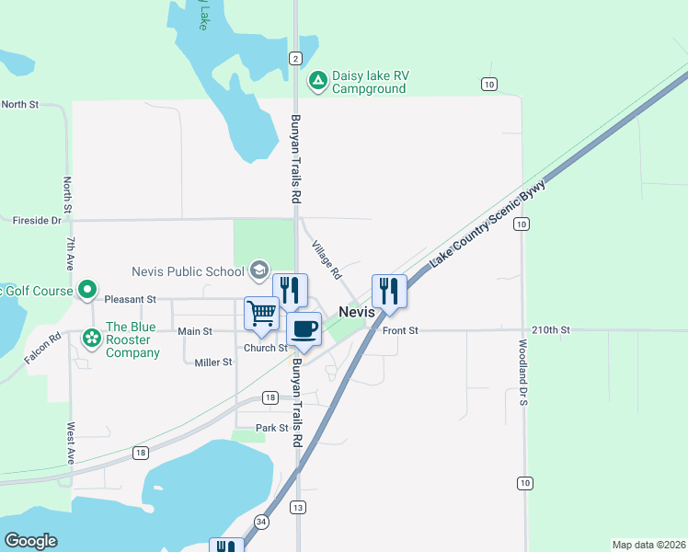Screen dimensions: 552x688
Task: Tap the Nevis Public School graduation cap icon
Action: pos(259,270)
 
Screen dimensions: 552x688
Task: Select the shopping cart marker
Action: pos(261,313)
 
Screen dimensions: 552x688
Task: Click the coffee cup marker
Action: pos(304,328)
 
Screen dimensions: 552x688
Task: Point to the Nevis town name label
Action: pos(356,312)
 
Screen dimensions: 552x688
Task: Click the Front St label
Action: pos(400,330)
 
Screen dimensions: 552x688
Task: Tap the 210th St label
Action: pos(551,329)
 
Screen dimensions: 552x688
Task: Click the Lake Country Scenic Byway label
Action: pos(487,224)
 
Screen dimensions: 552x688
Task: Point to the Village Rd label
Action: pos(326,260)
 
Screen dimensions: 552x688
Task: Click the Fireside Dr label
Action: pos(37,221)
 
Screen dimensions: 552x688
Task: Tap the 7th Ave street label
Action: pos(70,252)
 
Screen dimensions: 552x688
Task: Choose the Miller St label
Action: pos(213,362)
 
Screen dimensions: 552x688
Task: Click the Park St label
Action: pos(272,428)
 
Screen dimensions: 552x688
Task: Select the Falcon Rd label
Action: pos(42,348)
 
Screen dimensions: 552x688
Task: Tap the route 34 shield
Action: pos(262,523)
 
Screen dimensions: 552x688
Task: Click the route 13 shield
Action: pos(297,507)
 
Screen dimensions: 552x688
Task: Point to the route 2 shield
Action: pos(295,58)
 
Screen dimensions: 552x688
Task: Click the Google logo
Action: pos(30,541)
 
